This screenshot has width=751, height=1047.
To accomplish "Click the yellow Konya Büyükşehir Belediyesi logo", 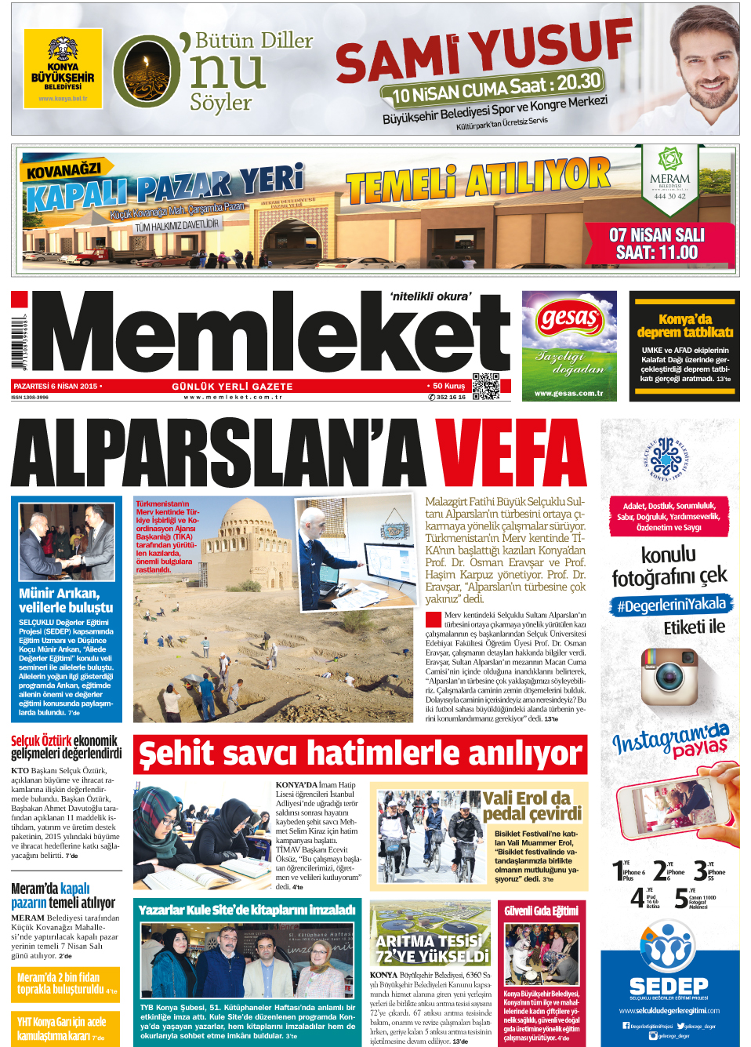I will tap(63, 69).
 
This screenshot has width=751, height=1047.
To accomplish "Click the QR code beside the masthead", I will tap(486, 387).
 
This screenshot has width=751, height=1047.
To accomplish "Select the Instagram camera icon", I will tap(669, 677).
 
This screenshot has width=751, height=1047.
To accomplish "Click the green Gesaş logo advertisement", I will tap(569, 345).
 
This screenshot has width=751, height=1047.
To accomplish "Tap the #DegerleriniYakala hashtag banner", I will tap(672, 605).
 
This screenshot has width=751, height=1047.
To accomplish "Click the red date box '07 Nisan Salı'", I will tap(656, 244).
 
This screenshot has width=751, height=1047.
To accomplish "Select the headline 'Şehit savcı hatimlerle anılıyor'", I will tap(360, 754).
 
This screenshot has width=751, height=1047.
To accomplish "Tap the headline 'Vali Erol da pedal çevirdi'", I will tap(532, 805).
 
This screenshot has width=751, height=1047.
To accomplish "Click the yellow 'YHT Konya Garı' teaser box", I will tap(67, 1027).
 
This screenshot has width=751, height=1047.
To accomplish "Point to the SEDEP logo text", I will tap(669, 986).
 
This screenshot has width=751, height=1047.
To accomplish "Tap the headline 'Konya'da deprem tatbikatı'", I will tap(684, 325).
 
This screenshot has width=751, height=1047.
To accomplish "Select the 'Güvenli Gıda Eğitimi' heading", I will tap(541, 911).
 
